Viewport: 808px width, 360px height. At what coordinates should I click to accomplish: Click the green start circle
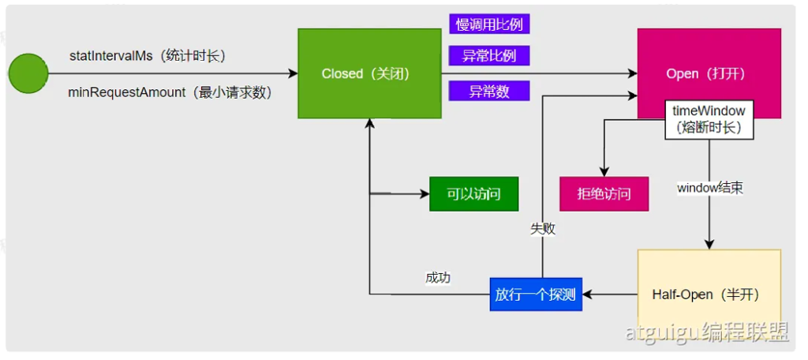click(x=28, y=73)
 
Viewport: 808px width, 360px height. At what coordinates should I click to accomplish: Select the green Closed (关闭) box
click(x=368, y=73)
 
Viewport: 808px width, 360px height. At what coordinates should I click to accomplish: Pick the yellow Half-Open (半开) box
click(x=709, y=294)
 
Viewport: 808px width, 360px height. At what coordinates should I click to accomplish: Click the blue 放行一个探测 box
click(x=535, y=295)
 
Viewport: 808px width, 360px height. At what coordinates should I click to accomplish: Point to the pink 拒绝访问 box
click(x=604, y=193)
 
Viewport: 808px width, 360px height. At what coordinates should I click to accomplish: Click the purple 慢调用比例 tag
click(x=489, y=24)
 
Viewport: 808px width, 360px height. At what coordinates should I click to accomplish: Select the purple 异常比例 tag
click(x=489, y=56)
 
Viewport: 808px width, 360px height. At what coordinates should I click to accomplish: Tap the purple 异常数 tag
click(x=489, y=91)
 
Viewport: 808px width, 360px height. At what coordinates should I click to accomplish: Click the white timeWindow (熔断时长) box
click(x=709, y=119)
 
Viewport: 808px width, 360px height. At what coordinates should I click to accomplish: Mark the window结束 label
click(x=709, y=189)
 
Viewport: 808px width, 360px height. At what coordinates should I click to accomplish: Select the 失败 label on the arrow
click(x=543, y=229)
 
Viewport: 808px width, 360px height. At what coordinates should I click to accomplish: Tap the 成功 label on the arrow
click(x=438, y=278)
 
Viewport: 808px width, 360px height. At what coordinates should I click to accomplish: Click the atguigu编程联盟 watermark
click(x=707, y=333)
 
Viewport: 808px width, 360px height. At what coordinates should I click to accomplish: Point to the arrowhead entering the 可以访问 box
click(x=425, y=193)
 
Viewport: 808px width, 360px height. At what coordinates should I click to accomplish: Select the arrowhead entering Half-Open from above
click(x=709, y=244)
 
